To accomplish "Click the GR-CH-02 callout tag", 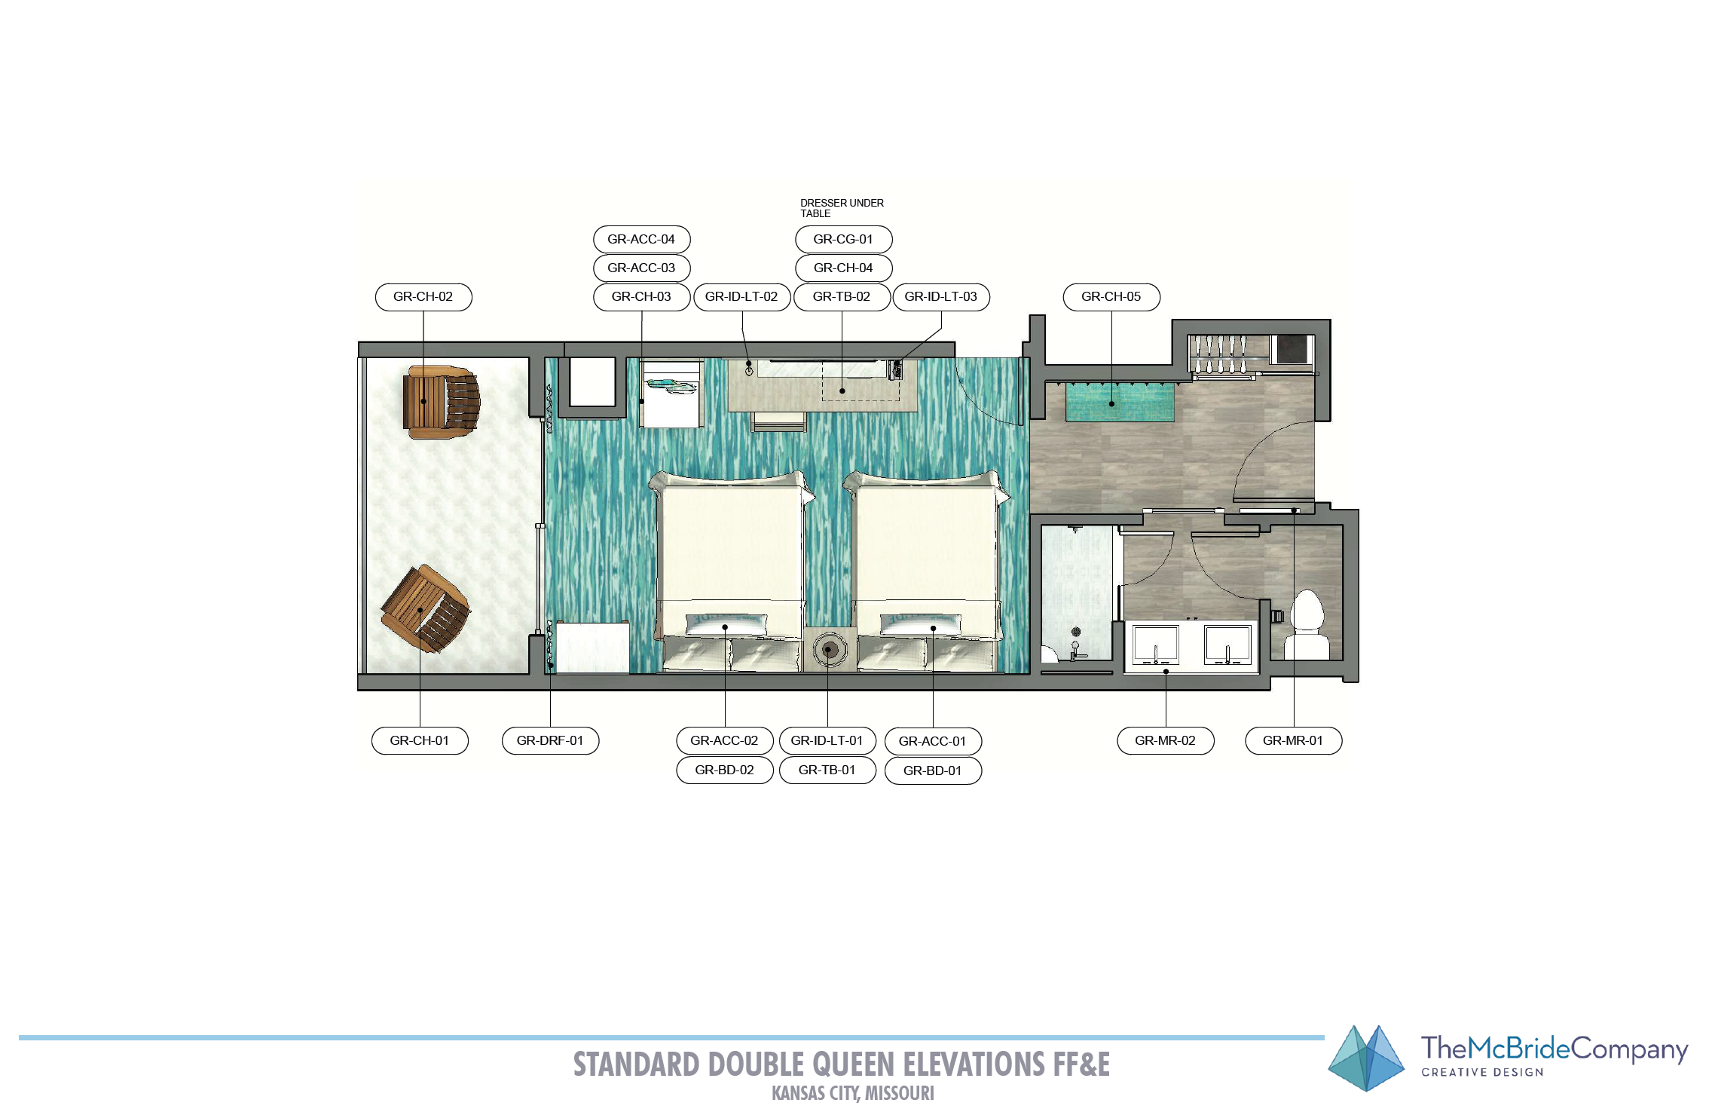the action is [423, 297].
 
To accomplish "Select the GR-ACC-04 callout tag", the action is [642, 240].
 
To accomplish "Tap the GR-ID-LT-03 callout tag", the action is [941, 297].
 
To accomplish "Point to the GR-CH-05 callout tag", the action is [1111, 297].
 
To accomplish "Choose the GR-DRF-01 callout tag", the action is [550, 740].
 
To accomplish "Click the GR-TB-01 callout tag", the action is [827, 770].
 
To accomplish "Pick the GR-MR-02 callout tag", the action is [1166, 740].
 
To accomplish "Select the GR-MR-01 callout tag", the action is [1294, 740].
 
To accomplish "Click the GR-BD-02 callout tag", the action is [725, 770].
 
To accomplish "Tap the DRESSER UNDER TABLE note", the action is [842, 208].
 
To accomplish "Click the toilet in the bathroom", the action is [1307, 624].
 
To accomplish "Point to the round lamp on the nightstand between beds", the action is [829, 649].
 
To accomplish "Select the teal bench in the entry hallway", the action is [1120, 403].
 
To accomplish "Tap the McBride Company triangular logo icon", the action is [1366, 1058].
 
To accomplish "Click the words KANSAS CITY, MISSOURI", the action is [853, 1093].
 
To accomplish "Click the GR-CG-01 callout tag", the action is [844, 240].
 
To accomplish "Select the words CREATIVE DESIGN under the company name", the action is [1482, 1072].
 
